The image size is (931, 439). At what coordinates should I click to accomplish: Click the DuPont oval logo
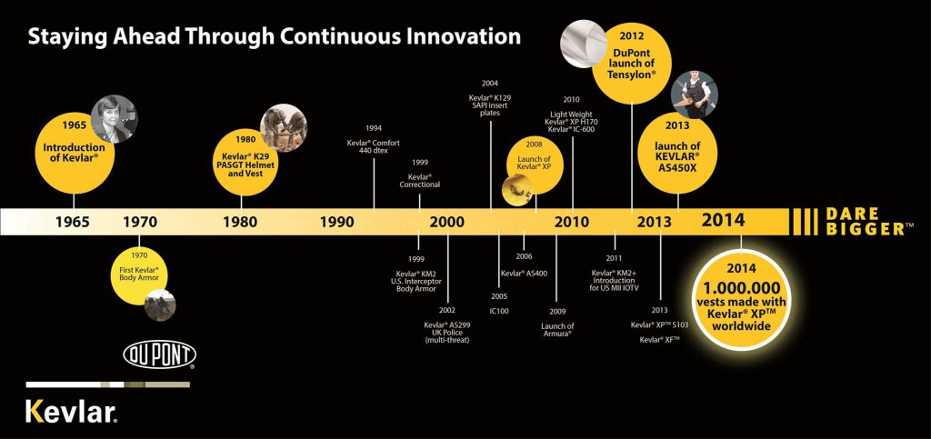pyautogui.click(x=160, y=354)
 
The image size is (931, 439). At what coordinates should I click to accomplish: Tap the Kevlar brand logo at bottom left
pyautogui.click(x=71, y=411)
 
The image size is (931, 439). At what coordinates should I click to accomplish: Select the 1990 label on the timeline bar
pyautogui.click(x=336, y=222)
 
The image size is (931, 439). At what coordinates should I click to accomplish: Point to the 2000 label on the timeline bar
pyautogui.click(x=447, y=222)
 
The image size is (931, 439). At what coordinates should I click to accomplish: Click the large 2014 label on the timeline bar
pyautogui.click(x=723, y=220)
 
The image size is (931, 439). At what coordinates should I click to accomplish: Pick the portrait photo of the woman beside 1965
pyautogui.click(x=114, y=119)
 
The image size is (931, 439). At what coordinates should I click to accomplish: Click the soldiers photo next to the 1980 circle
pyautogui.click(x=284, y=128)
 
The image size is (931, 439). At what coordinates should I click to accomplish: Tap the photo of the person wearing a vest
pyautogui.click(x=694, y=95)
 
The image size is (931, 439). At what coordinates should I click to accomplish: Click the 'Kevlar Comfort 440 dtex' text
pyautogui.click(x=374, y=146)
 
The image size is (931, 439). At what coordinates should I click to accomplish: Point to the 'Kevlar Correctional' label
pyautogui.click(x=420, y=180)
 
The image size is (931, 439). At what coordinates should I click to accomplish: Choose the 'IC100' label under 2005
pyautogui.click(x=499, y=310)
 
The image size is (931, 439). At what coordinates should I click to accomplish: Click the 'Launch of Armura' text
pyautogui.click(x=557, y=330)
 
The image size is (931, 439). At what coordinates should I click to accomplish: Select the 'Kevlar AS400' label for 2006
pyautogui.click(x=525, y=273)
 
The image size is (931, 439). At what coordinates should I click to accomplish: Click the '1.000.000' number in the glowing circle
pyautogui.click(x=741, y=288)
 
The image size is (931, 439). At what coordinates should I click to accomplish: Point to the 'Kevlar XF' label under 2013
pyautogui.click(x=659, y=340)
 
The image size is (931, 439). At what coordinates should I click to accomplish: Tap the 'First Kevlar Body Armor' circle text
pyautogui.click(x=139, y=274)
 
